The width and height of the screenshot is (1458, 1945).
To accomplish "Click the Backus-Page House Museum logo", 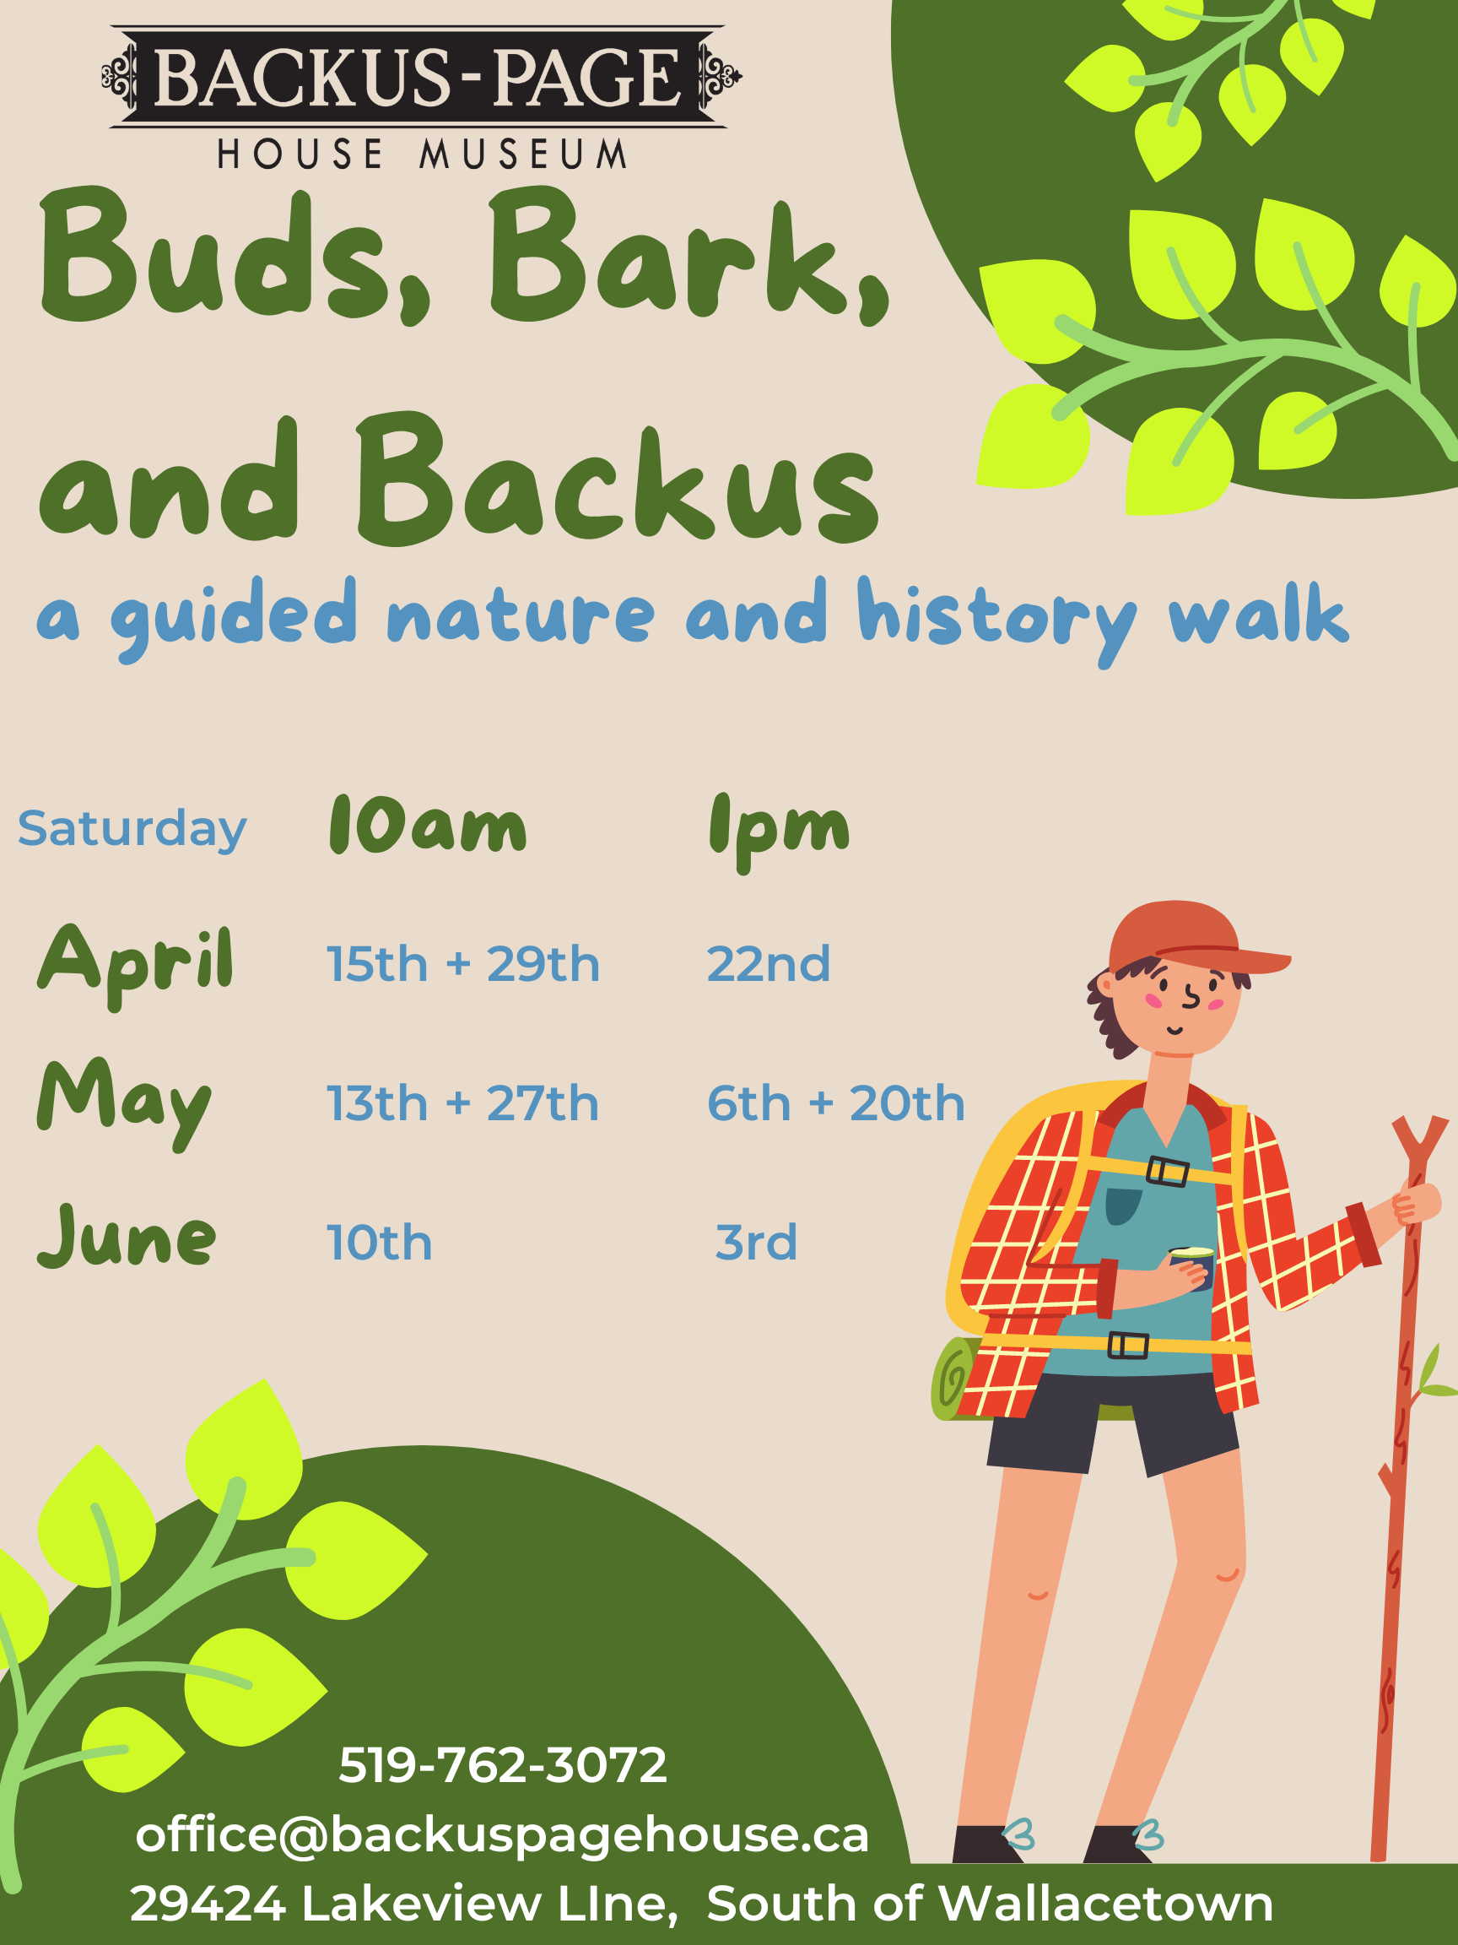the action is [422, 97].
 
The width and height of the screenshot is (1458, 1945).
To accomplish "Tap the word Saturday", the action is [132, 829].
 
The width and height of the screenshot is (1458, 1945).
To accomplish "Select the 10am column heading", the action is [428, 824].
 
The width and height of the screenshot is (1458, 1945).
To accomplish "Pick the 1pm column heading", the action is [780, 831].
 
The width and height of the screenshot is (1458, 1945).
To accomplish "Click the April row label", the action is [135, 966].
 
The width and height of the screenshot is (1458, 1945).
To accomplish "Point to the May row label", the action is [124, 1103].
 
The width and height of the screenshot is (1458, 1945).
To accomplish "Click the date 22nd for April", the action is [768, 964].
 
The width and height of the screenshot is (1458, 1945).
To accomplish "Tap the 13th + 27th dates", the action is [462, 1103].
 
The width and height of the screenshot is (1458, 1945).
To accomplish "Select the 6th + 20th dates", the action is [836, 1103].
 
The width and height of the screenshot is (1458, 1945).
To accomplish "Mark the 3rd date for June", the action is [756, 1243].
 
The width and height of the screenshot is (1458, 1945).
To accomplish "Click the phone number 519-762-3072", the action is [503, 1764].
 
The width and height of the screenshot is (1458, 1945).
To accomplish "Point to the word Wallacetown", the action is [1105, 1904].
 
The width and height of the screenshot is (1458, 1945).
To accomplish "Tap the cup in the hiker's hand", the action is [1192, 1266].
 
